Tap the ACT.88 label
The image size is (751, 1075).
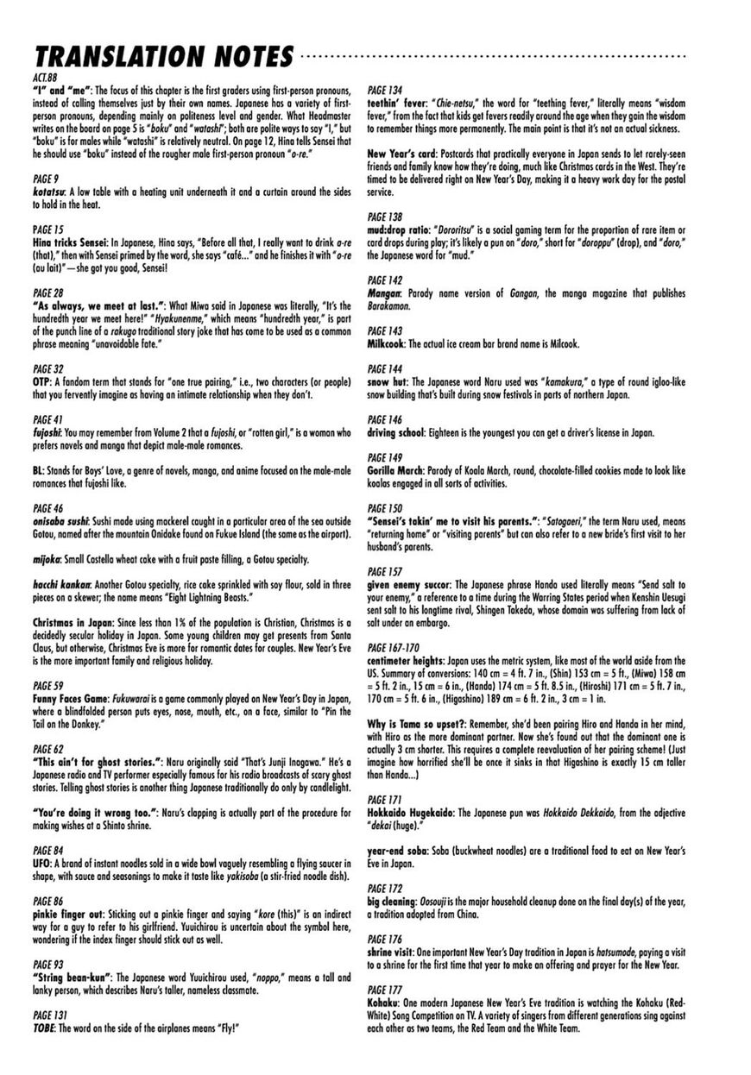pos(42,79)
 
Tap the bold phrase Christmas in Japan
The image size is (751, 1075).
pos(74,622)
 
